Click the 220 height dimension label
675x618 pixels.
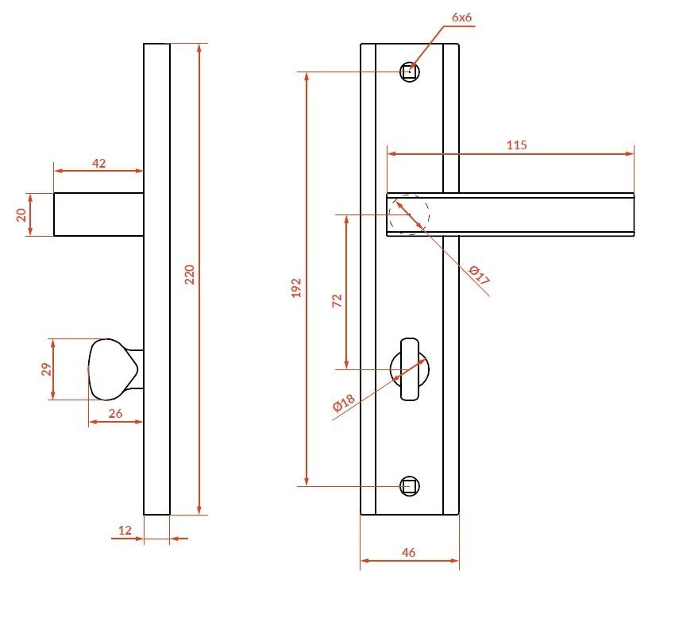click(190, 274)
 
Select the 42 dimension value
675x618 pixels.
click(99, 163)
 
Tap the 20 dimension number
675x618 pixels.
click(21, 214)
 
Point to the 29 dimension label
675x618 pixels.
click(46, 369)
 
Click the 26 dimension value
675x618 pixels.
click(115, 413)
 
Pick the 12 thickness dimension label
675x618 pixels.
click(125, 530)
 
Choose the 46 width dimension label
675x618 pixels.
click(408, 553)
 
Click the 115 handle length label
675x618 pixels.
click(517, 145)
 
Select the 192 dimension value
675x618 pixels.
click(296, 288)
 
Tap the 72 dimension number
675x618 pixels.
click(337, 300)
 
